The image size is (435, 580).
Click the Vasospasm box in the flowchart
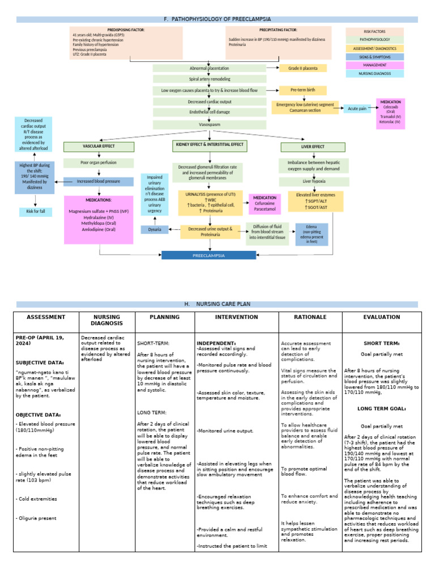click(x=210, y=123)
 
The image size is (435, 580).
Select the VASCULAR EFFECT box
click(x=99, y=147)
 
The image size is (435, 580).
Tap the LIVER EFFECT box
click(x=310, y=147)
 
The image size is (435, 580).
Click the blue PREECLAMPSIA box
click(x=210, y=255)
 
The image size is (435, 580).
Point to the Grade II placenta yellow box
click(x=303, y=68)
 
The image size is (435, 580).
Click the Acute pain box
click(x=357, y=108)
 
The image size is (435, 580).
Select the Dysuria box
click(x=154, y=229)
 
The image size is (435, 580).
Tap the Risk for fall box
click(x=35, y=211)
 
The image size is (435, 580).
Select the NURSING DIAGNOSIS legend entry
click(x=374, y=74)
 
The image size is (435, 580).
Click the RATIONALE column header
click(x=310, y=317)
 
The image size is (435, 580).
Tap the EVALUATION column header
click(x=382, y=317)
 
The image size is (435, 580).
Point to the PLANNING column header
click(x=164, y=317)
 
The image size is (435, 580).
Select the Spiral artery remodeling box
click(x=210, y=79)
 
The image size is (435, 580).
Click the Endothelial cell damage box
click(x=210, y=113)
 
